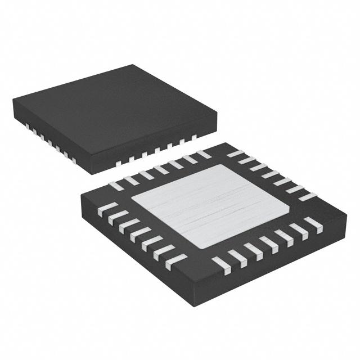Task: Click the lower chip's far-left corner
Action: click(x=82, y=193)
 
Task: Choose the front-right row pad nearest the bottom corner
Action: click(x=222, y=263)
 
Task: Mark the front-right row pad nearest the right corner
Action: click(x=313, y=225)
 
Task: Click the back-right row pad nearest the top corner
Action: click(x=236, y=154)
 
